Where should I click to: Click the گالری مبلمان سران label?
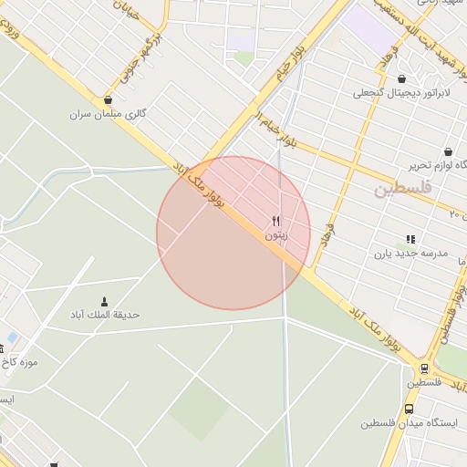click(x=109, y=115)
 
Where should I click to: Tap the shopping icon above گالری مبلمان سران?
click(x=109, y=100)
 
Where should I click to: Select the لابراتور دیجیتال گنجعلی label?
click(x=400, y=92)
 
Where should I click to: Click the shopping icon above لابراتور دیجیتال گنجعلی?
click(x=401, y=78)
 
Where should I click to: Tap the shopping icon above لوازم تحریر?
click(x=448, y=151)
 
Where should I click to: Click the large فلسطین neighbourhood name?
click(x=400, y=189)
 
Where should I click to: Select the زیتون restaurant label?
click(x=275, y=234)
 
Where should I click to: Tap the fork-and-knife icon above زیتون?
click(x=275, y=221)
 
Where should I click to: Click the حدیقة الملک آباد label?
click(x=105, y=315)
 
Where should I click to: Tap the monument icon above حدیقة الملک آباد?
click(x=103, y=301)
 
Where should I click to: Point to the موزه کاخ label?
click(x=18, y=362)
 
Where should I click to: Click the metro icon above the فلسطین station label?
click(x=424, y=368)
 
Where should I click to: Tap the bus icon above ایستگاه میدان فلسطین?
click(x=408, y=410)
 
